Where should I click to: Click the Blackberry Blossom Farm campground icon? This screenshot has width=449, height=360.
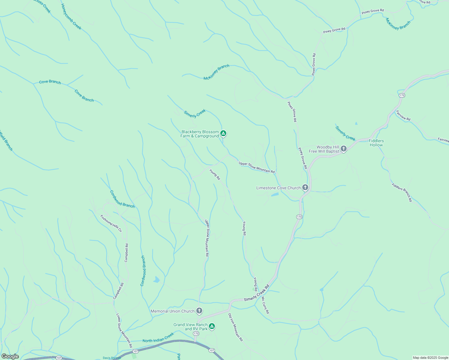click(x=223, y=133)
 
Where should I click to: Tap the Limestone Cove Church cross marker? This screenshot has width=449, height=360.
click(x=305, y=188)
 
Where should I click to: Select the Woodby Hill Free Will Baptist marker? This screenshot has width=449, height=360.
click(x=344, y=148)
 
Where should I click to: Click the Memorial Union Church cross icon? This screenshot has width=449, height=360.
click(x=199, y=311)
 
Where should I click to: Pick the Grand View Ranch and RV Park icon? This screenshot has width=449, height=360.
click(x=212, y=326)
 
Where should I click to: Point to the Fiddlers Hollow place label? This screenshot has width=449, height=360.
click(x=376, y=143)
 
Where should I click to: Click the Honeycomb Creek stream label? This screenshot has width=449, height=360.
click(x=71, y=17)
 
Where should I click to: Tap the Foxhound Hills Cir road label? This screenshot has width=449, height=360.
click(x=111, y=223)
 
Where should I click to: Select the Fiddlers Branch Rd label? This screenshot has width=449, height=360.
click(x=402, y=192)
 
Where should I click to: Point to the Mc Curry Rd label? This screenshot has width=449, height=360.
click(x=265, y=305)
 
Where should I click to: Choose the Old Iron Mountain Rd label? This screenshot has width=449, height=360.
click(x=235, y=327)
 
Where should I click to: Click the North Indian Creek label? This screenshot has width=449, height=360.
click(x=158, y=338)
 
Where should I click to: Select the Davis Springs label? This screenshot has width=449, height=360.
click(x=112, y=358)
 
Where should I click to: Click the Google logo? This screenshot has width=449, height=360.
click(x=10, y=356)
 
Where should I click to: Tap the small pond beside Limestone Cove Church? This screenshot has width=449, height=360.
click(x=275, y=194)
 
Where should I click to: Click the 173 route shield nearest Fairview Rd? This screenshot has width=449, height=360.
click(x=402, y=95)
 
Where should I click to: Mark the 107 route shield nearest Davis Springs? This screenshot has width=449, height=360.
click(x=135, y=351)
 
